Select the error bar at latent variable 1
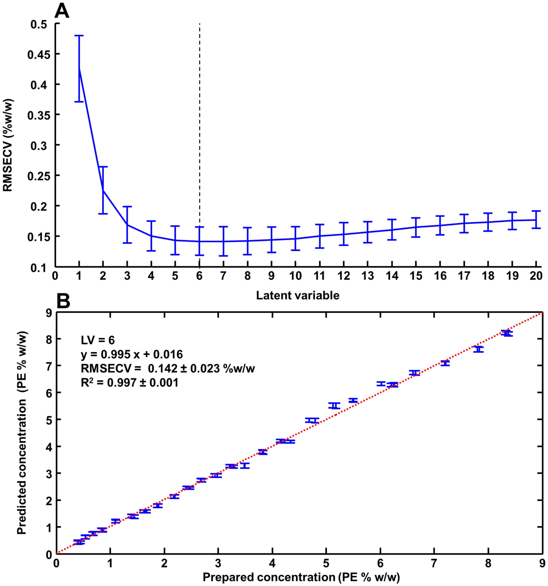click(x=79, y=68)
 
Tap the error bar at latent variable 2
click(x=103, y=190)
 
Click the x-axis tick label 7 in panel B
click(x=434, y=563)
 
